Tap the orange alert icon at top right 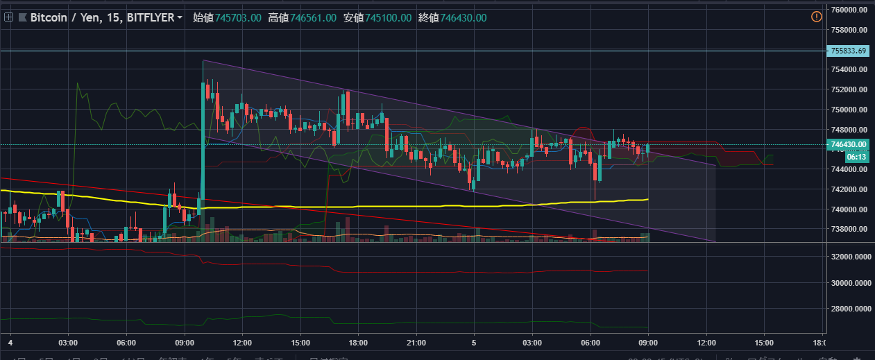816,17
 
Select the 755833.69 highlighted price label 849,51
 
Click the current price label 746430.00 849,144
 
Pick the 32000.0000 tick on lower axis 851,257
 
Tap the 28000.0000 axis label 851,309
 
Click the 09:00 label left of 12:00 185,343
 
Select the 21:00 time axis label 415,343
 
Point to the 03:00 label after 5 532,343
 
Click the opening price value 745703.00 237,17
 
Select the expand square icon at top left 8,17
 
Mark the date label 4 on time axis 10,343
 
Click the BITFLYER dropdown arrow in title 180,17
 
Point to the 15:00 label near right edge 764,343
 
